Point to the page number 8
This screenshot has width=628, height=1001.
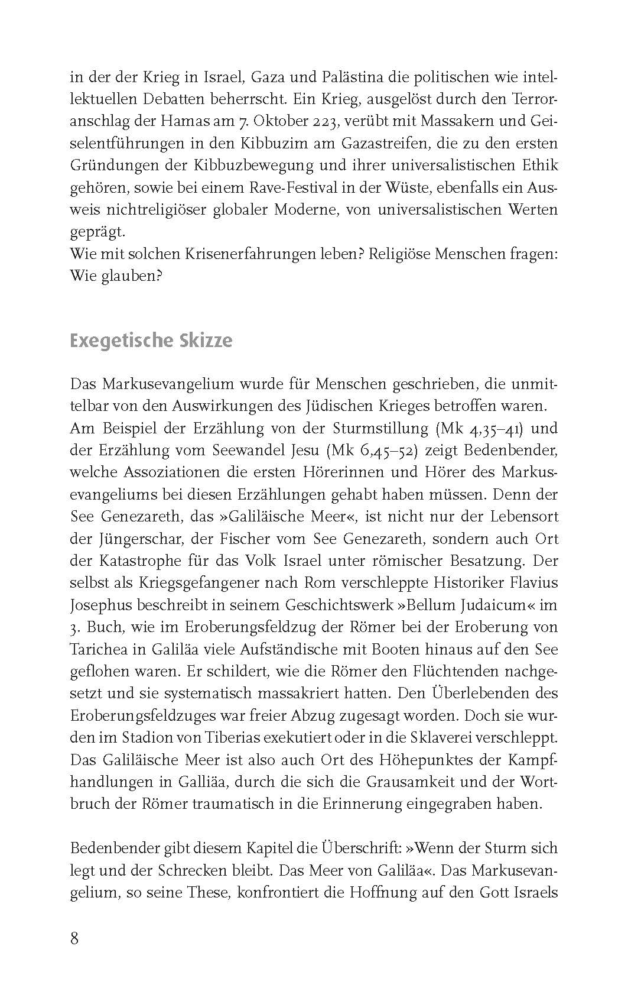tap(74, 938)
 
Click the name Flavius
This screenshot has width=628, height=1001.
tap(534, 582)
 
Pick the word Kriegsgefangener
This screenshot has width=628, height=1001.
tap(186, 582)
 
